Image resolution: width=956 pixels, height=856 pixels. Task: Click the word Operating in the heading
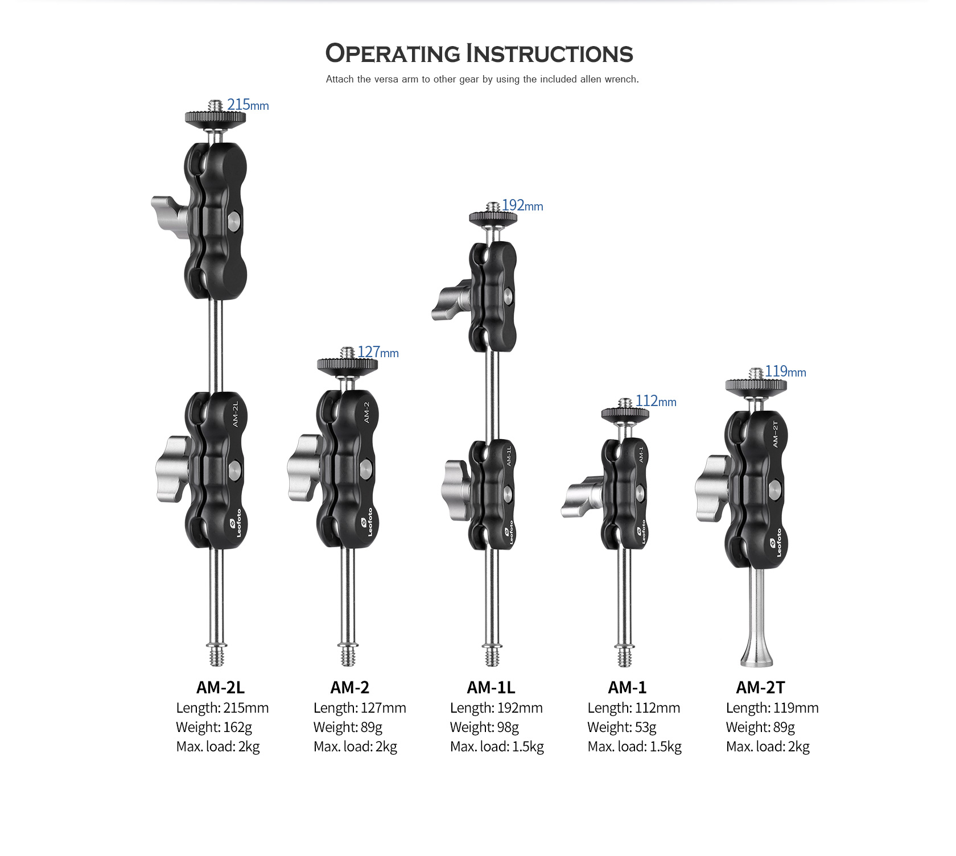pyautogui.click(x=392, y=53)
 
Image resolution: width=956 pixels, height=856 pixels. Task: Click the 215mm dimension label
pyautogui.click(x=248, y=105)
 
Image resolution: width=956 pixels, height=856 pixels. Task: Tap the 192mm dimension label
pyautogui.click(x=522, y=205)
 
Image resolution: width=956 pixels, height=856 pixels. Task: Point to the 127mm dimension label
pyautogui.click(x=378, y=352)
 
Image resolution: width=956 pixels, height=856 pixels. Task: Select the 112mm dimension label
pyautogui.click(x=656, y=401)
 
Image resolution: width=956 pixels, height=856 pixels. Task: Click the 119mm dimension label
pyautogui.click(x=785, y=371)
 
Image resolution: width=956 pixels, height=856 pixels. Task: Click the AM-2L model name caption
pyautogui.click(x=220, y=688)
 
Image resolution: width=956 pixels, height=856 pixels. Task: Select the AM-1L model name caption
pyautogui.click(x=491, y=688)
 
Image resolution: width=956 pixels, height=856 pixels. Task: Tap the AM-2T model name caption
pyautogui.click(x=760, y=688)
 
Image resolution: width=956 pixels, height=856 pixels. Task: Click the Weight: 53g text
pyautogui.click(x=621, y=727)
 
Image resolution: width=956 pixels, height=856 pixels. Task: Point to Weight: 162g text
pyautogui.click(x=213, y=727)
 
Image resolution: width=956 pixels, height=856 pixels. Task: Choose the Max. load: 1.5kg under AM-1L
pyautogui.click(x=497, y=746)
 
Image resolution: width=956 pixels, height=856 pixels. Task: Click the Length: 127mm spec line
pyautogui.click(x=360, y=708)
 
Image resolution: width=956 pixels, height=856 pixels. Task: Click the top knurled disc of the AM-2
pyautogui.click(x=347, y=365)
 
